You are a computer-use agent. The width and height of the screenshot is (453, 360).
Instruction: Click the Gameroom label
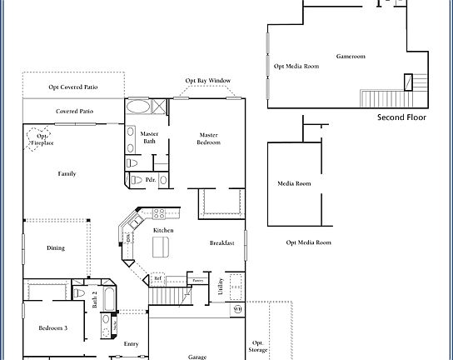(351, 57)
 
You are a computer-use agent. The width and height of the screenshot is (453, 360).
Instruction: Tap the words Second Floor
(402, 117)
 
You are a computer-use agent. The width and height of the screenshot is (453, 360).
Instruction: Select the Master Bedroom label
(209, 138)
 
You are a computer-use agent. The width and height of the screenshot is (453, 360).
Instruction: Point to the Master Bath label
(150, 137)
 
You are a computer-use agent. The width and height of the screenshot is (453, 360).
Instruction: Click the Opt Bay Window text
(208, 81)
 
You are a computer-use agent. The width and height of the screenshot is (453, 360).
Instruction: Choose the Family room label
(67, 173)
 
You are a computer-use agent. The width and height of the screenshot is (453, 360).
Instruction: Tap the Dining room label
(56, 247)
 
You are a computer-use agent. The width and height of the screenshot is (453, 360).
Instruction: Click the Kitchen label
(163, 230)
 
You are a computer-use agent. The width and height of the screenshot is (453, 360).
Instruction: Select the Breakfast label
(222, 242)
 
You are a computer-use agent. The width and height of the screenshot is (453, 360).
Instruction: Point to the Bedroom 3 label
(53, 327)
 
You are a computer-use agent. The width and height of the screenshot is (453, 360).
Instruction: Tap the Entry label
(132, 343)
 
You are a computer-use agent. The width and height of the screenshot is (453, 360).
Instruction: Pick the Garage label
(197, 357)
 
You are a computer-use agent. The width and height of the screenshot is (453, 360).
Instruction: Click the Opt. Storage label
(259, 346)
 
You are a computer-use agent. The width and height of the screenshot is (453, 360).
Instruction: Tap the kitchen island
(161, 247)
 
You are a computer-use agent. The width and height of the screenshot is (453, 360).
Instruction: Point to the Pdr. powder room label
(151, 179)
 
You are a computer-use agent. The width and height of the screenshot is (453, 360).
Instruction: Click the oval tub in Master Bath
(139, 107)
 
